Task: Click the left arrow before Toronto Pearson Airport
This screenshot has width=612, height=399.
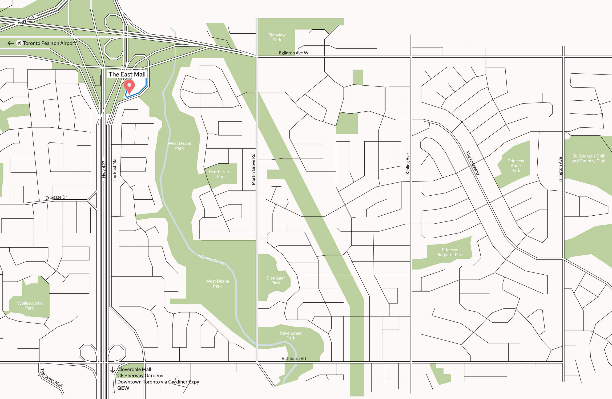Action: click(11, 43)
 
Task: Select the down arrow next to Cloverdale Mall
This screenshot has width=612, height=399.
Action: click(113, 369)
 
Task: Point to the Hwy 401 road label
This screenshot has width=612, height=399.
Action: click(26, 20)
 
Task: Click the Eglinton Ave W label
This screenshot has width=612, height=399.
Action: click(293, 53)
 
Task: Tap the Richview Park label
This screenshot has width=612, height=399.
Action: click(277, 37)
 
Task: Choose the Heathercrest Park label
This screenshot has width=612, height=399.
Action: click(221, 174)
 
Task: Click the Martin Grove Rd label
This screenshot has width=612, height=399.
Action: click(253, 169)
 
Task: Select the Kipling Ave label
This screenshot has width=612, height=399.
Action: click(408, 164)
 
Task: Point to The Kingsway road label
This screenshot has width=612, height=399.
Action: click(473, 163)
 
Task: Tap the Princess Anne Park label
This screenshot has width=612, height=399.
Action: click(515, 166)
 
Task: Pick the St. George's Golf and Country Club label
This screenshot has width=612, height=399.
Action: click(588, 158)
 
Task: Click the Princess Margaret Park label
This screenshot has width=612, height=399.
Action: click(450, 252)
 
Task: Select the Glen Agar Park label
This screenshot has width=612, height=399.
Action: click(275, 280)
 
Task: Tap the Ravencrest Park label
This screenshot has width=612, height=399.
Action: click(290, 336)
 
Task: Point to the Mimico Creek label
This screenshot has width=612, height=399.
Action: click(211, 259)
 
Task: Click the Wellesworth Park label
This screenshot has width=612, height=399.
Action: click(30, 305)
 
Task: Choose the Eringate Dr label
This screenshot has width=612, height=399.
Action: click(56, 197)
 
